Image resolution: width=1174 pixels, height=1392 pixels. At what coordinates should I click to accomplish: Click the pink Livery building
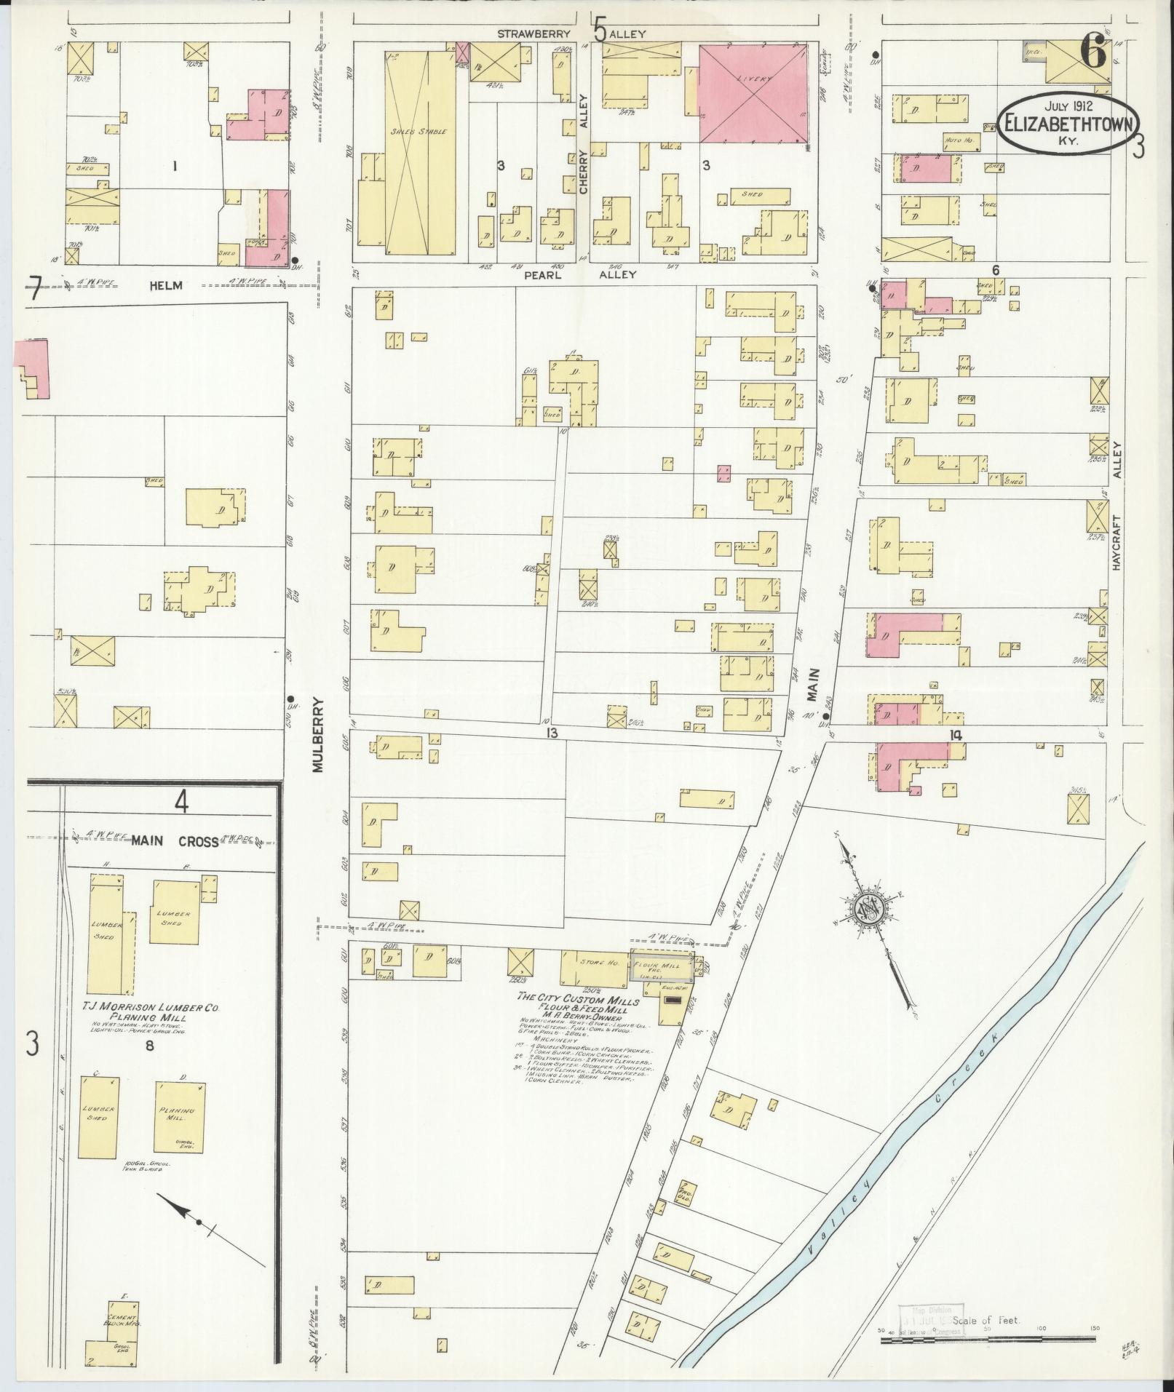click(753, 93)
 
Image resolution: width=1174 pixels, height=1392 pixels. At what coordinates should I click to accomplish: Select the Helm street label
click(164, 287)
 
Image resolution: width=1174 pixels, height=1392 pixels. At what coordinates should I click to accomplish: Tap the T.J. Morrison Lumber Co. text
click(151, 1008)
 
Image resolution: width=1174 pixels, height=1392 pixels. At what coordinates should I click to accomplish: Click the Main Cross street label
click(175, 841)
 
